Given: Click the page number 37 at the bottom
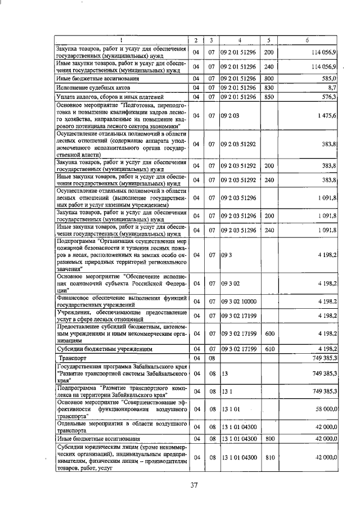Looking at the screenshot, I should [x=195, y=485].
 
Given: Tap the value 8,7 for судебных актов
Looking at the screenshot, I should [x=331, y=88].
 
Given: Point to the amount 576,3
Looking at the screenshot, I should [x=328, y=97].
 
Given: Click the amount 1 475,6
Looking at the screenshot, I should [x=326, y=115].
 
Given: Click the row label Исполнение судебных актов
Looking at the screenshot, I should [x=93, y=88].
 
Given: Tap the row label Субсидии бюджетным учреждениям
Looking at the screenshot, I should [x=101, y=349].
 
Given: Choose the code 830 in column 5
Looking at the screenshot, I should [x=268, y=88].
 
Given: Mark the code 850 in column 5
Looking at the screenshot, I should [x=268, y=97].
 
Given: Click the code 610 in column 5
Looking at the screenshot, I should [x=268, y=349].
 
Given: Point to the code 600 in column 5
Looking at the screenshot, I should [x=268, y=334].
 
